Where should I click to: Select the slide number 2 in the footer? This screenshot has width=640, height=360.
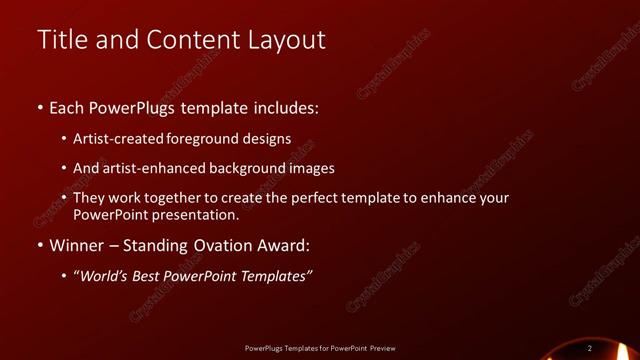coord(590,348)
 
